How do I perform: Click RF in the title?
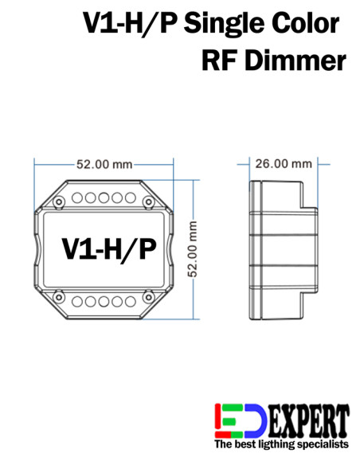pos(221,60)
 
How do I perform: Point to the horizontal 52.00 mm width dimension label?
pos(104,165)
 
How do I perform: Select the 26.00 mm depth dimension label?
pos(283,164)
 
